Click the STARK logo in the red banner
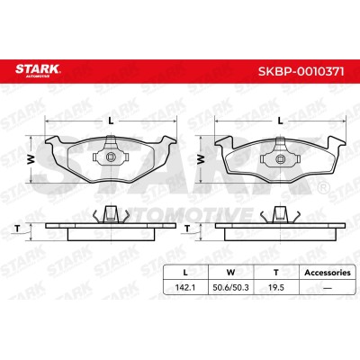(x=38, y=71)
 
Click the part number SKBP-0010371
(x=301, y=71)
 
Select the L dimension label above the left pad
(x=111, y=121)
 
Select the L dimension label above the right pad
(x=280, y=121)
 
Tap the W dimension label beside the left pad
(x=31, y=159)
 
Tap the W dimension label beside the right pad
(x=200, y=159)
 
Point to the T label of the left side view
(x=17, y=229)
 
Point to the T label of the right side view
(x=187, y=229)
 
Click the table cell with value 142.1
(x=185, y=287)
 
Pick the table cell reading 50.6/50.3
(x=230, y=287)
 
